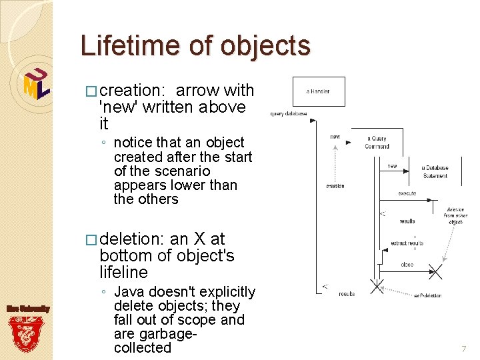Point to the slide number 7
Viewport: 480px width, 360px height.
464,349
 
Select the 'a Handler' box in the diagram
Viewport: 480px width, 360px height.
319,91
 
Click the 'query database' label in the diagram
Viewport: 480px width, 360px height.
288,113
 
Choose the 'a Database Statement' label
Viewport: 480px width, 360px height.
435,171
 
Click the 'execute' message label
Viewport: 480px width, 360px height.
407,193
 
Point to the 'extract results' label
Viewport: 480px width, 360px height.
407,243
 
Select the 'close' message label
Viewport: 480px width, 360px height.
407,264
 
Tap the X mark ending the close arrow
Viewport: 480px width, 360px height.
436,271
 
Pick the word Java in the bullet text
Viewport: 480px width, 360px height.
129,292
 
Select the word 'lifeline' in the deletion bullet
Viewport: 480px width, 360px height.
123,272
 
